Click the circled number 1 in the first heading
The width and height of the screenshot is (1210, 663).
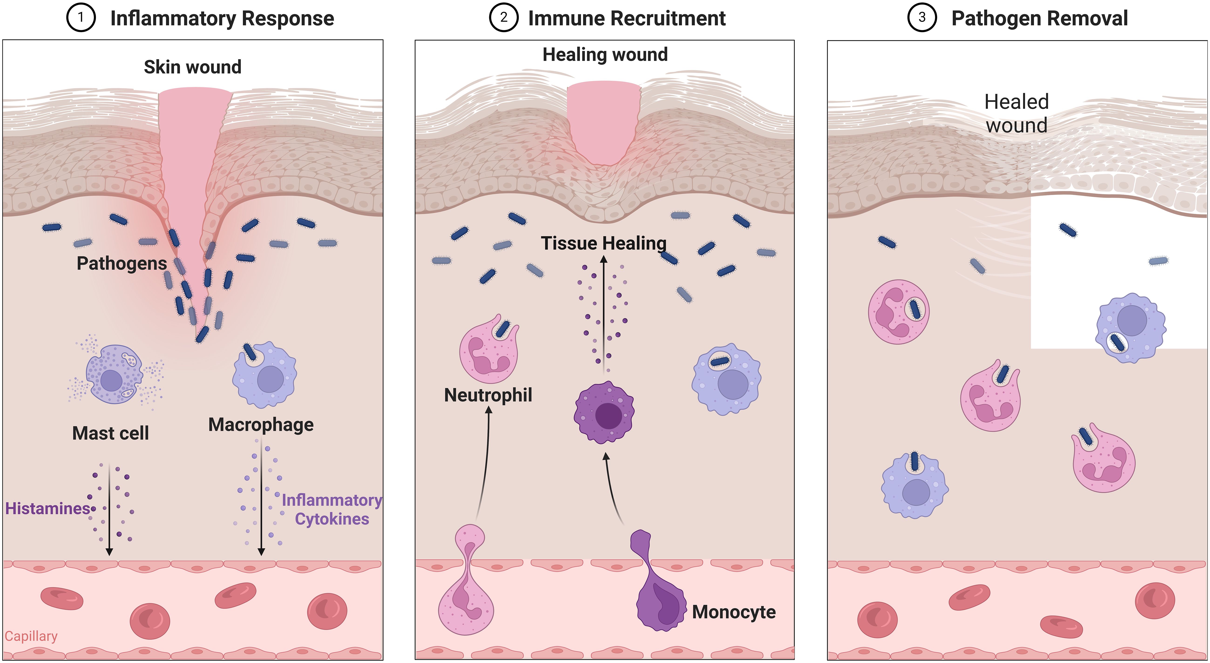[x=81, y=18]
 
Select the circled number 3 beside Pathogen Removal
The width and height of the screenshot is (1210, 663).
[x=922, y=18]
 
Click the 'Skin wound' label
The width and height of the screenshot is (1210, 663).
[x=193, y=67]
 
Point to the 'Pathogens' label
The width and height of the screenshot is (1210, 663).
[x=122, y=263]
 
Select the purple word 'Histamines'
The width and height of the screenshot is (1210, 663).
[x=47, y=508]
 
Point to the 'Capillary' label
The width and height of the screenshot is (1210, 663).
[x=31, y=636]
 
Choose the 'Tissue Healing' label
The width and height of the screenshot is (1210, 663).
[x=603, y=243]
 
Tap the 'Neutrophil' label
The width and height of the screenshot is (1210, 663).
[x=488, y=395]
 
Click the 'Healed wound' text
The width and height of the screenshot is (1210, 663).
[x=1017, y=114]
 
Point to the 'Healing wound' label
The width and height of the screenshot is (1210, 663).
[x=605, y=54]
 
